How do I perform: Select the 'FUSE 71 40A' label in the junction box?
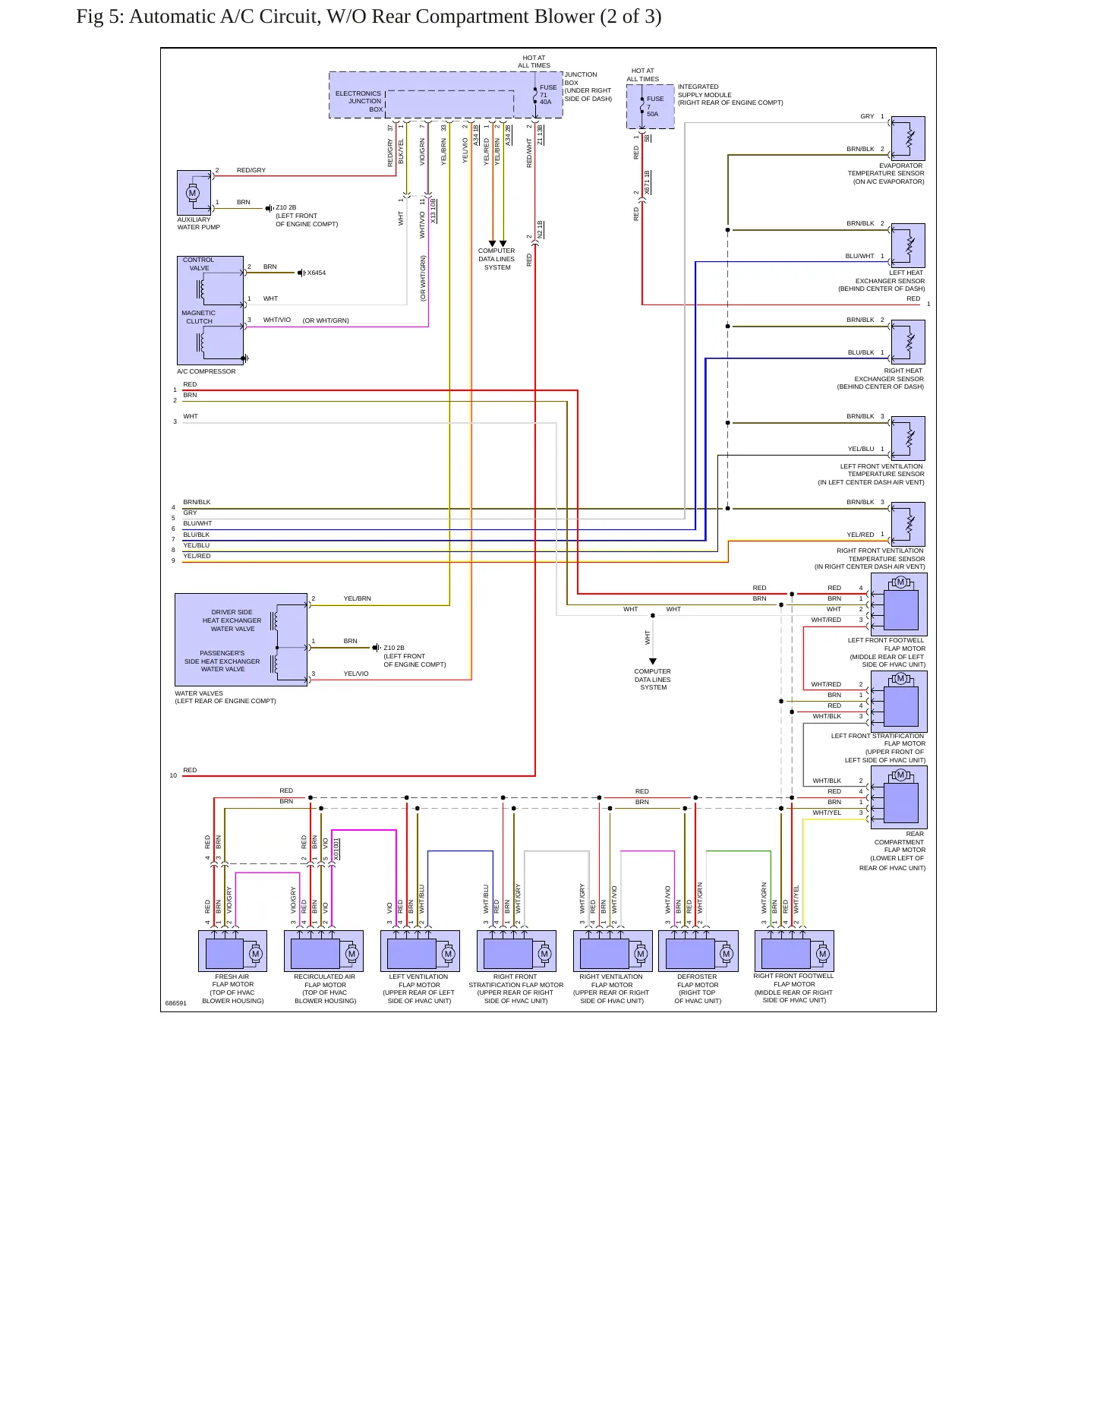(x=548, y=94)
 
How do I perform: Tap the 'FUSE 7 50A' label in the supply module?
(x=654, y=106)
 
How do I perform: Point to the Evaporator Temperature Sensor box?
(x=908, y=138)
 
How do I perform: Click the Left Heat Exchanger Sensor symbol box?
(x=908, y=245)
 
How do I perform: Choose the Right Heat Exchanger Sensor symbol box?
(x=908, y=342)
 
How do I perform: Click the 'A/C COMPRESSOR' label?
(x=206, y=371)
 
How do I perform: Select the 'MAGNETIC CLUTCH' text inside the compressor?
(x=199, y=317)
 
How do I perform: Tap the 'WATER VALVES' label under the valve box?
(x=199, y=693)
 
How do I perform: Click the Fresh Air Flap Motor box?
(x=232, y=951)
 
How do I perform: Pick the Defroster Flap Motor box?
(x=698, y=951)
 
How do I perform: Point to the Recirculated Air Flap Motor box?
(x=324, y=951)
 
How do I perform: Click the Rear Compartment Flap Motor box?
(x=899, y=797)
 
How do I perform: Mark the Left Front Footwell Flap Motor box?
(x=899, y=604)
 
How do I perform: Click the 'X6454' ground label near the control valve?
(x=316, y=273)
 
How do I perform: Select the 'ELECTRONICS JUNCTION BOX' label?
(x=359, y=102)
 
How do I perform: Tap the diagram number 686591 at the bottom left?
(x=175, y=1003)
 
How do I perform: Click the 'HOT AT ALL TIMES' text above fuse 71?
(x=534, y=62)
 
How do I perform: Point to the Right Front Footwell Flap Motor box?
(x=794, y=951)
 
